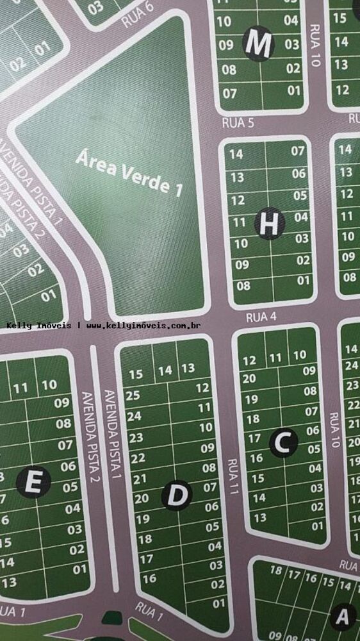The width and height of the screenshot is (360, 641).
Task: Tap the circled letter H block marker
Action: pyautogui.click(x=270, y=223)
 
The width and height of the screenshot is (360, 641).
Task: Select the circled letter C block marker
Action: pyautogui.click(x=284, y=442)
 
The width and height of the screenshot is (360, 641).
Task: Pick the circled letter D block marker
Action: pyautogui.click(x=177, y=495)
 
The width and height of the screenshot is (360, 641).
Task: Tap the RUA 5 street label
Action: pyautogui.click(x=238, y=123)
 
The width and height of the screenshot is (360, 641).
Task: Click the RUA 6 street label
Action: pyautogui.click(x=138, y=17)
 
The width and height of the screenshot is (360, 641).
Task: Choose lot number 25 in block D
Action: pyautogui.click(x=133, y=395)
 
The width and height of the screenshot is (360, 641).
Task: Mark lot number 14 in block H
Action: pyautogui.click(x=236, y=154)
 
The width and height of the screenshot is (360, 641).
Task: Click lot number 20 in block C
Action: pyautogui.click(x=250, y=378)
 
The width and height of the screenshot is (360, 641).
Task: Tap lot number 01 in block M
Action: pyautogui.click(x=294, y=90)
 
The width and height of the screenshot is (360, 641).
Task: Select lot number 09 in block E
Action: pyautogui.click(x=62, y=403)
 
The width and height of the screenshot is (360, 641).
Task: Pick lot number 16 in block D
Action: pyautogui.click(x=149, y=578)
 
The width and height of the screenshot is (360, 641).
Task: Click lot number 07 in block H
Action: pyautogui.click(x=299, y=152)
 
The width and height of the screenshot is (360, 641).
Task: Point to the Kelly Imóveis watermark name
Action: pyautogui.click(x=39, y=326)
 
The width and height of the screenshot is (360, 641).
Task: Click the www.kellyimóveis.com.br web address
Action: pyautogui.click(x=143, y=326)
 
